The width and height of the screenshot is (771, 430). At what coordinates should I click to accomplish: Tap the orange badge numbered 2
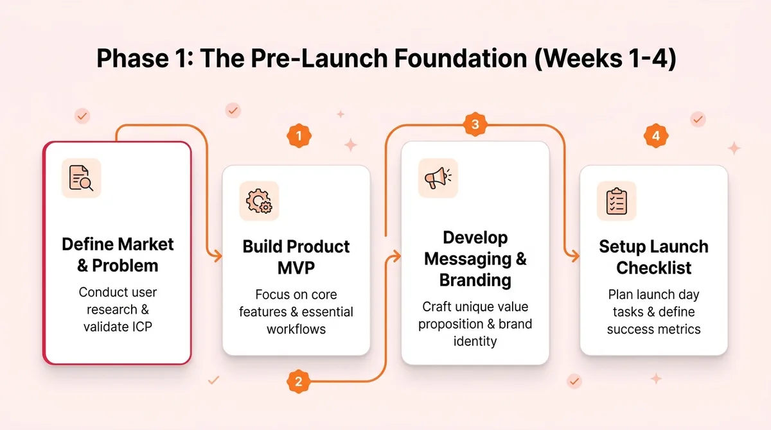coord(298,383)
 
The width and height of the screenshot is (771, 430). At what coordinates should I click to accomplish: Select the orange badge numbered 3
coord(475,125)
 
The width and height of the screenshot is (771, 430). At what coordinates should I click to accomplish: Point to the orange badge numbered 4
coord(655,136)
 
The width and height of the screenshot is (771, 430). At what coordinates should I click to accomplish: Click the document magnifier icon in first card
coord(82,178)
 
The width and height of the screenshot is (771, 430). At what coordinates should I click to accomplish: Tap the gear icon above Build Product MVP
coord(259,201)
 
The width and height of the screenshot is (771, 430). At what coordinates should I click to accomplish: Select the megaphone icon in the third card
coord(438,178)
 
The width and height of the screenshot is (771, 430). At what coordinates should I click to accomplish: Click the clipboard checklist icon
coord(616,201)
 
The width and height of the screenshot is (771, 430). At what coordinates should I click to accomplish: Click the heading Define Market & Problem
coord(118,255)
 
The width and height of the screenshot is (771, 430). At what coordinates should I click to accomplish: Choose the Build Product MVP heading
coord(296,257)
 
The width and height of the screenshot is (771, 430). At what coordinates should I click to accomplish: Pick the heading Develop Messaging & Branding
coord(475,259)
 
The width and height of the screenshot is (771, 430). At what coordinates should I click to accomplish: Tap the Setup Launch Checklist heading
coord(653,257)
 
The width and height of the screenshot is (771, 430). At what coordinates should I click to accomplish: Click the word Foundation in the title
coord(451,59)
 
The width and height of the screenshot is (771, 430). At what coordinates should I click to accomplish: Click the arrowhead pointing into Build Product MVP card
coord(217,256)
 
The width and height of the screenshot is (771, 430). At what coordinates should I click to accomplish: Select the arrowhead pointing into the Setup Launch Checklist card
coord(574,256)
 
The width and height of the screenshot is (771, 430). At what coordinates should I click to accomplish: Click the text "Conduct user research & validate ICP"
coord(118,309)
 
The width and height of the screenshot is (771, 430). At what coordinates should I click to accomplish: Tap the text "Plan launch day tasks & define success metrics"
coord(653,312)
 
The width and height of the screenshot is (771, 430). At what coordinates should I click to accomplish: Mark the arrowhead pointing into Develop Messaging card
coord(396,256)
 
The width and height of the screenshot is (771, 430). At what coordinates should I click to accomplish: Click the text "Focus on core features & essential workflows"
coord(296,312)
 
